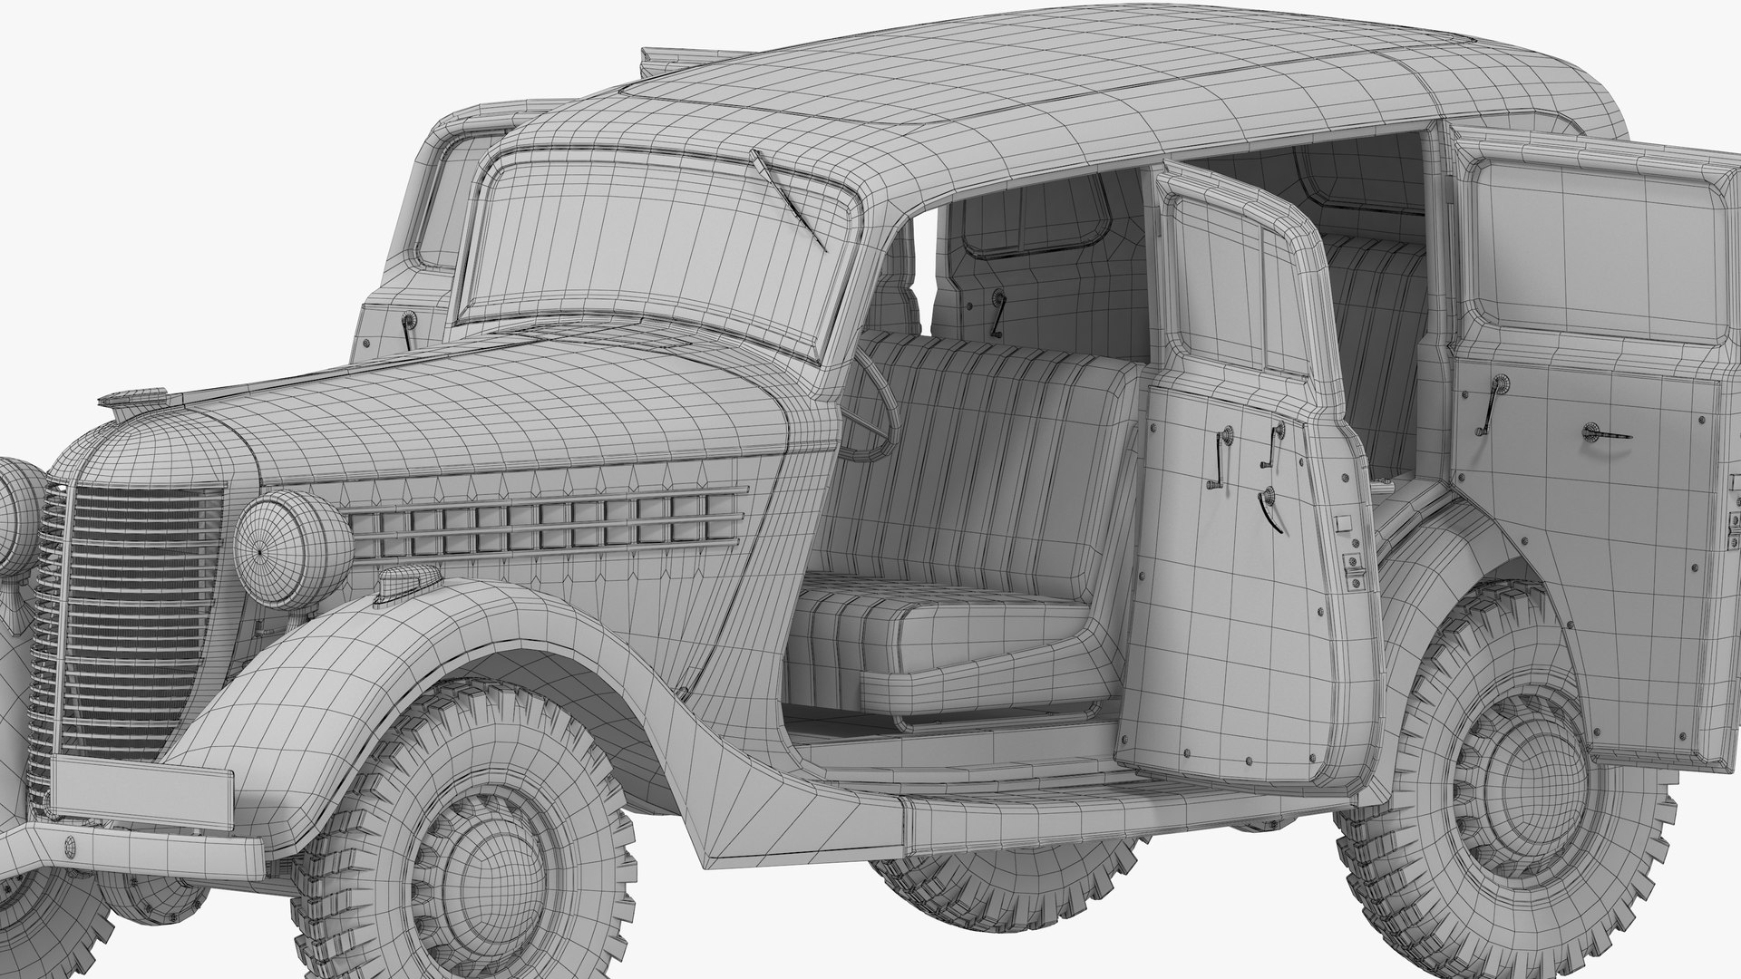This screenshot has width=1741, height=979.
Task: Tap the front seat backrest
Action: click(x=979, y=471)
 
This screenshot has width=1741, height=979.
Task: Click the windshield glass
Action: click(x=635, y=245)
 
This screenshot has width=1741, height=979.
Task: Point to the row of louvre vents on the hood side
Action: click(x=544, y=530)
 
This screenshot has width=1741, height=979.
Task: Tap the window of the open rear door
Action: click(x=1596, y=245)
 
